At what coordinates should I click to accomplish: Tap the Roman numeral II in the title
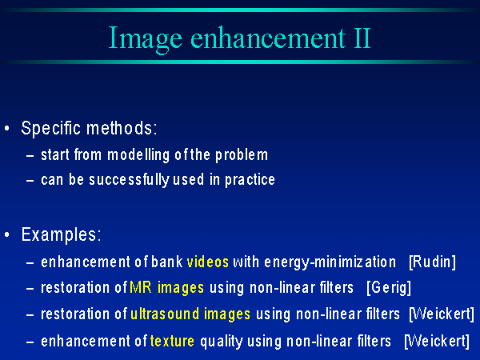click(362, 38)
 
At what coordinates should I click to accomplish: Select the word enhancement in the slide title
click(268, 38)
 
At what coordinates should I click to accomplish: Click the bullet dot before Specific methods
click(7, 128)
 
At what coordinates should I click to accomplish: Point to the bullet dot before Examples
click(7, 234)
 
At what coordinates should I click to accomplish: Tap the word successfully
click(129, 180)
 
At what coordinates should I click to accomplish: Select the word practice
click(250, 180)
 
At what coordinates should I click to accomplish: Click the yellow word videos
click(208, 262)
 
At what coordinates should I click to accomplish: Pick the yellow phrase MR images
click(167, 288)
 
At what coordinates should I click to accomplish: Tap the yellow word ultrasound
click(165, 314)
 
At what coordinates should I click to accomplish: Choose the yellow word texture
click(172, 341)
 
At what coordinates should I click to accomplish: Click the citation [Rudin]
click(432, 262)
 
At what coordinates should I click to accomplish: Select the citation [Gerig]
click(389, 288)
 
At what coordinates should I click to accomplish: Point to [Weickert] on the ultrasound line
click(442, 314)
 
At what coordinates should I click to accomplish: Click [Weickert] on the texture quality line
click(437, 341)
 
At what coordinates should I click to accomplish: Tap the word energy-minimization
click(330, 263)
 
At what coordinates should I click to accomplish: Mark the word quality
click(222, 342)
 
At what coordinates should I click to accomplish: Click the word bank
click(167, 262)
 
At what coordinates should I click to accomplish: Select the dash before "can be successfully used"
click(30, 181)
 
